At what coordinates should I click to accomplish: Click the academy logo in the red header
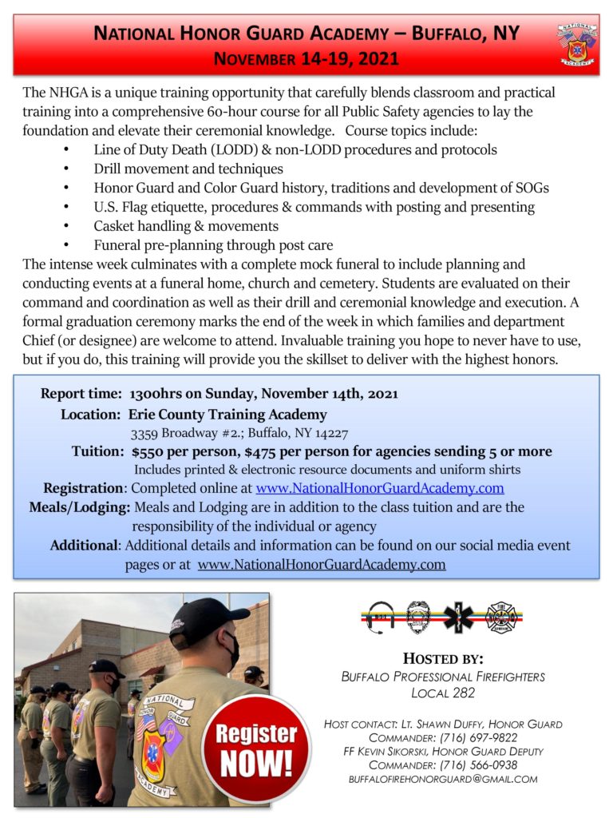pos(576,44)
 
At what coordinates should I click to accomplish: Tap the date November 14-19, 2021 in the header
pos(306,59)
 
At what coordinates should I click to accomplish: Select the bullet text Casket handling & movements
pos(186,226)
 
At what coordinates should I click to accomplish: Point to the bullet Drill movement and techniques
pos(188,169)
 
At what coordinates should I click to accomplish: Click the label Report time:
pos(80,394)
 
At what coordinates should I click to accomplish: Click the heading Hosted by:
pos(443,659)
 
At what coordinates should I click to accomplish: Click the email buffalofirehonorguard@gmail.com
pos(443,778)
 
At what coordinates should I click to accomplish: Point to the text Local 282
pos(443,693)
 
